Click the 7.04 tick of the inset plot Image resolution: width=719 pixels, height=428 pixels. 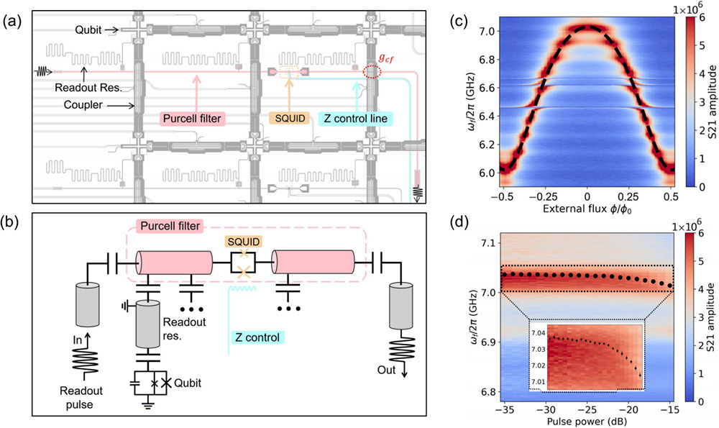[x=537, y=333]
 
